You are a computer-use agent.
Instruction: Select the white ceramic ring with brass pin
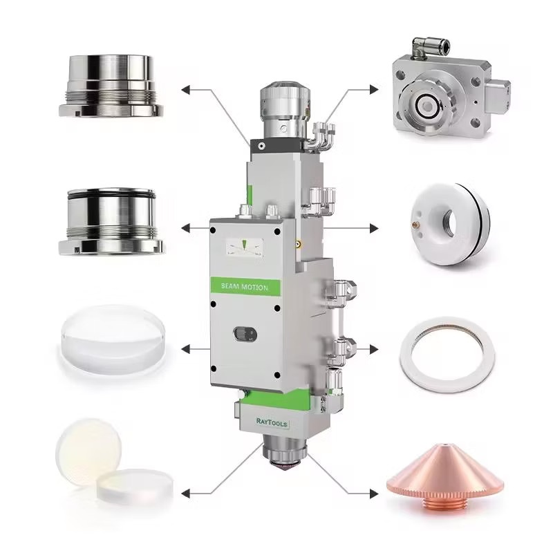point(450,224)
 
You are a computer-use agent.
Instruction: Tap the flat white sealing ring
point(447,354)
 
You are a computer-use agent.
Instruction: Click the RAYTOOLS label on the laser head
point(272,422)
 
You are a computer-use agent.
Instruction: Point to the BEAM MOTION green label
point(245,286)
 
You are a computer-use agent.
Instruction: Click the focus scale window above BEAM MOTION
point(245,247)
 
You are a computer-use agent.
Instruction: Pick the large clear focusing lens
point(113,339)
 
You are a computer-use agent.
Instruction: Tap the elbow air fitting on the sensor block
point(430,48)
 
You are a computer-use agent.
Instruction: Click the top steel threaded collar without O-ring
point(111,86)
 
